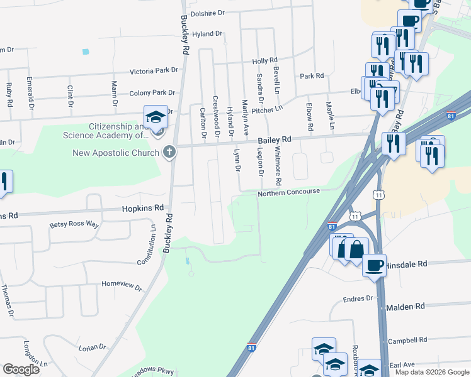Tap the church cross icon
click(x=169, y=152)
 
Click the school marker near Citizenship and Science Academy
click(x=156, y=117)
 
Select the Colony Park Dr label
click(x=152, y=93)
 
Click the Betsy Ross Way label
click(x=74, y=224)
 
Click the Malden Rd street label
click(x=406, y=306)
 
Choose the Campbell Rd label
click(x=407, y=341)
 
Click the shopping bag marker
click(x=356, y=250)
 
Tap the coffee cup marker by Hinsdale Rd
click(x=375, y=265)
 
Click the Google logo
click(x=21, y=369)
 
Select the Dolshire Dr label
click(x=208, y=13)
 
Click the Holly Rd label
click(x=264, y=61)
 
